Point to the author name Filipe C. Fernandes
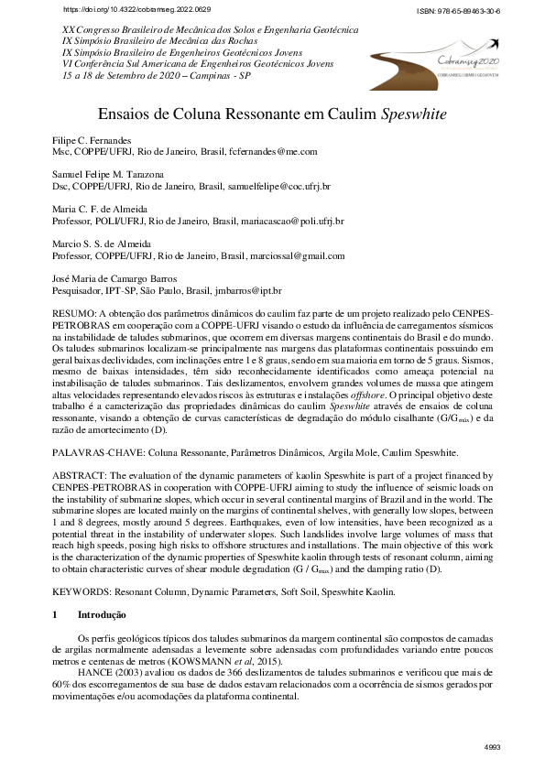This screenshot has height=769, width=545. tap(90, 140)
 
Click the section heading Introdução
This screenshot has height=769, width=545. tap(102, 614)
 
